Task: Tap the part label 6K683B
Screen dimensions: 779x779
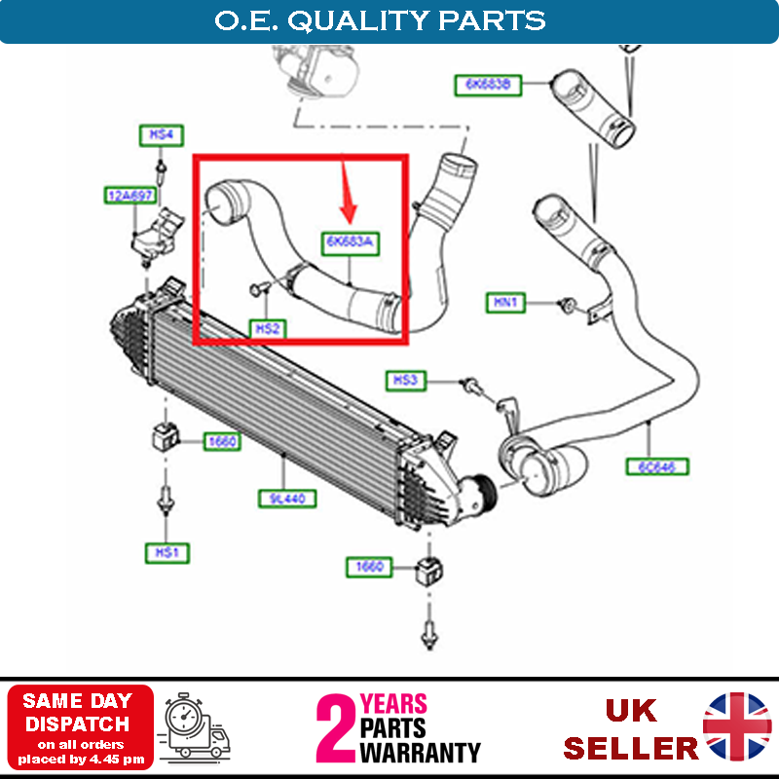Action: pyautogui.click(x=488, y=86)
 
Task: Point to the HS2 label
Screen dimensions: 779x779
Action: pyautogui.click(x=268, y=329)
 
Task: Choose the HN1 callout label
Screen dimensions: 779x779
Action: pyautogui.click(x=506, y=304)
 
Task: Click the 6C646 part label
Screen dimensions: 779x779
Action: pyautogui.click(x=657, y=466)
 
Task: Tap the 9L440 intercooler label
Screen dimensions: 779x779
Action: pyautogui.click(x=281, y=500)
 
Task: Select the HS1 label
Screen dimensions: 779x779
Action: pyautogui.click(x=166, y=553)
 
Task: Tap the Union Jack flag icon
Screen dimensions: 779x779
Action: pyautogui.click(x=737, y=726)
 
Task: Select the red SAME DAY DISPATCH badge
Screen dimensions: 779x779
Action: pyautogui.click(x=81, y=726)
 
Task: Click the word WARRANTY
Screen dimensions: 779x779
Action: pyautogui.click(x=420, y=753)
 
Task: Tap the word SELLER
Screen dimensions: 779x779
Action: pyautogui.click(x=631, y=748)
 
